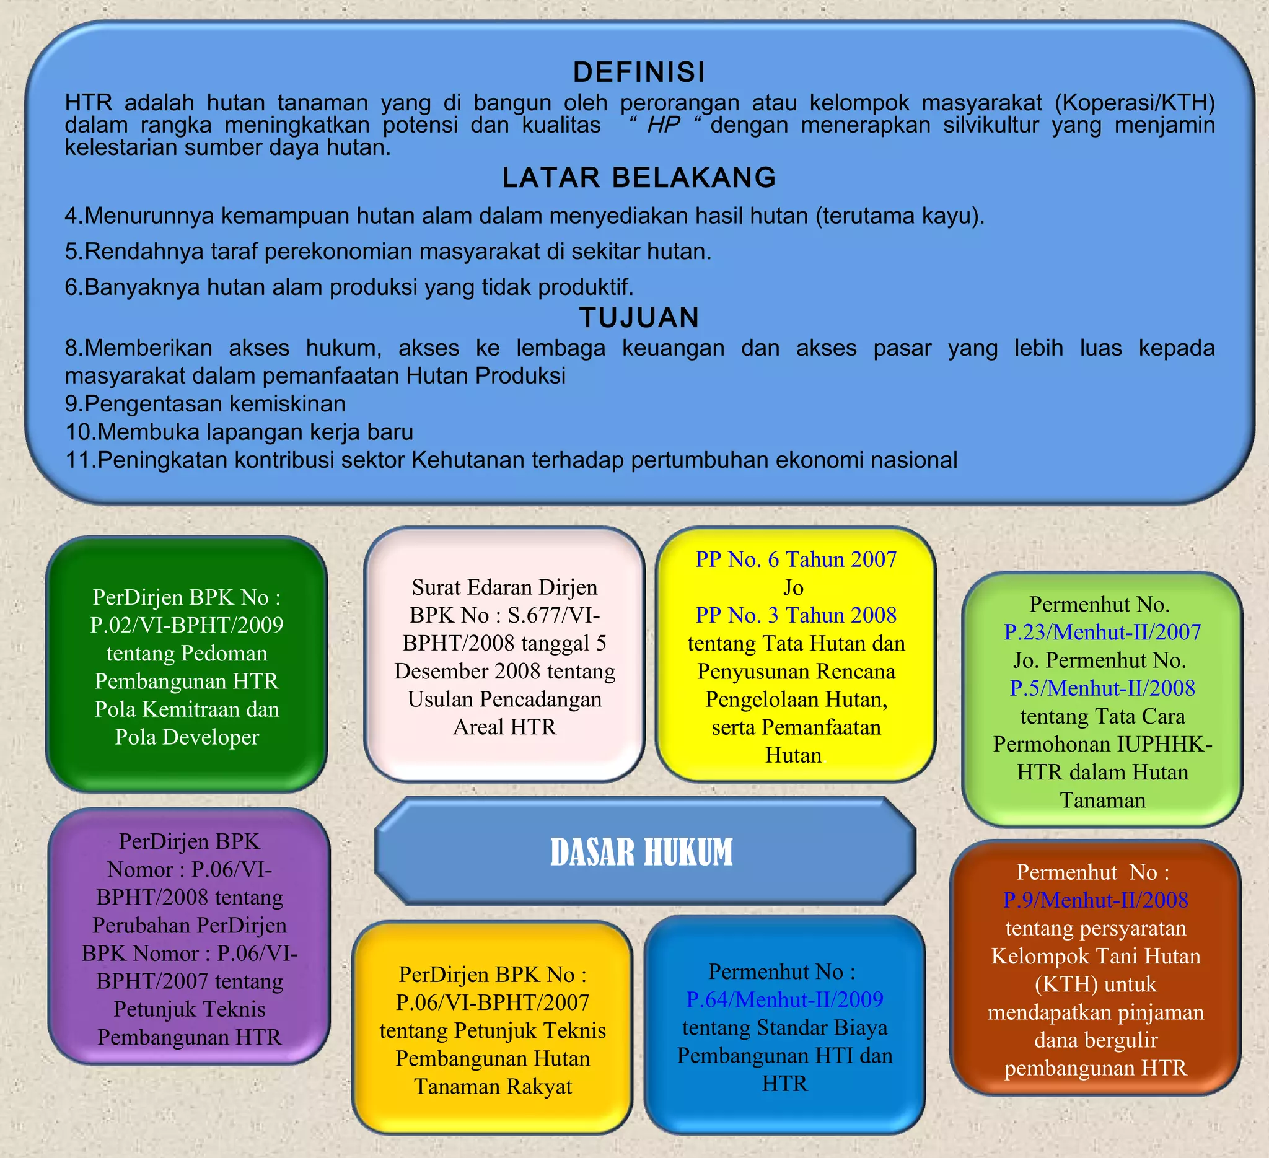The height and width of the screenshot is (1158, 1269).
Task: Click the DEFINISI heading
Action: (x=639, y=72)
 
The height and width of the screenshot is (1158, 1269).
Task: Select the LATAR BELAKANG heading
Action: (x=639, y=177)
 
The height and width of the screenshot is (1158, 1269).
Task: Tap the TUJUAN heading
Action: (x=639, y=317)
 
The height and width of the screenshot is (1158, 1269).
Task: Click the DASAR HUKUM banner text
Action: (x=641, y=851)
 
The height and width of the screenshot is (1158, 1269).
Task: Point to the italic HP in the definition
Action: (x=664, y=125)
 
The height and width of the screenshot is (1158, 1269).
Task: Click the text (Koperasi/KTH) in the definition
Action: (x=1135, y=102)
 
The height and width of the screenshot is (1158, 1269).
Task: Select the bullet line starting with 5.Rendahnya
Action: (x=388, y=251)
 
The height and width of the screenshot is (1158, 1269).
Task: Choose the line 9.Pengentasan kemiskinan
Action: (x=205, y=403)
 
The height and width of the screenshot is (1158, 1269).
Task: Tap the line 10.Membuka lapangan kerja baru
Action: (x=239, y=432)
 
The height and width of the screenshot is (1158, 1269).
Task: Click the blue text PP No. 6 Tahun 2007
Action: (x=796, y=559)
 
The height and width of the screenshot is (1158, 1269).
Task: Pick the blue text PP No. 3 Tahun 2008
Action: (x=796, y=615)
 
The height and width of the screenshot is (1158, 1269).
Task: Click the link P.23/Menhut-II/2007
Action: (x=1102, y=632)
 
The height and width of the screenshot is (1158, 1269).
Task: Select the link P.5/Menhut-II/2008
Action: (x=1102, y=688)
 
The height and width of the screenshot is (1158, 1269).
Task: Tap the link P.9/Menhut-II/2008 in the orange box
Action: (x=1096, y=900)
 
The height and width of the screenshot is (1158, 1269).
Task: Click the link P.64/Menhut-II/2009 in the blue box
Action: (x=784, y=999)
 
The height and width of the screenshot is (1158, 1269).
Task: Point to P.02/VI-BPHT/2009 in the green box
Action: (x=187, y=625)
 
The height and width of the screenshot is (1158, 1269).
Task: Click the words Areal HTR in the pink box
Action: (x=504, y=727)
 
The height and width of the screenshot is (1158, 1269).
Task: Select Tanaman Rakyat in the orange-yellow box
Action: (x=493, y=1086)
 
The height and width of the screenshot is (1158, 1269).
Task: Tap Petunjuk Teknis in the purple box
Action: (x=190, y=1009)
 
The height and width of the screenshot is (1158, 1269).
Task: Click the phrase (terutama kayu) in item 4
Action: (x=899, y=216)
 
